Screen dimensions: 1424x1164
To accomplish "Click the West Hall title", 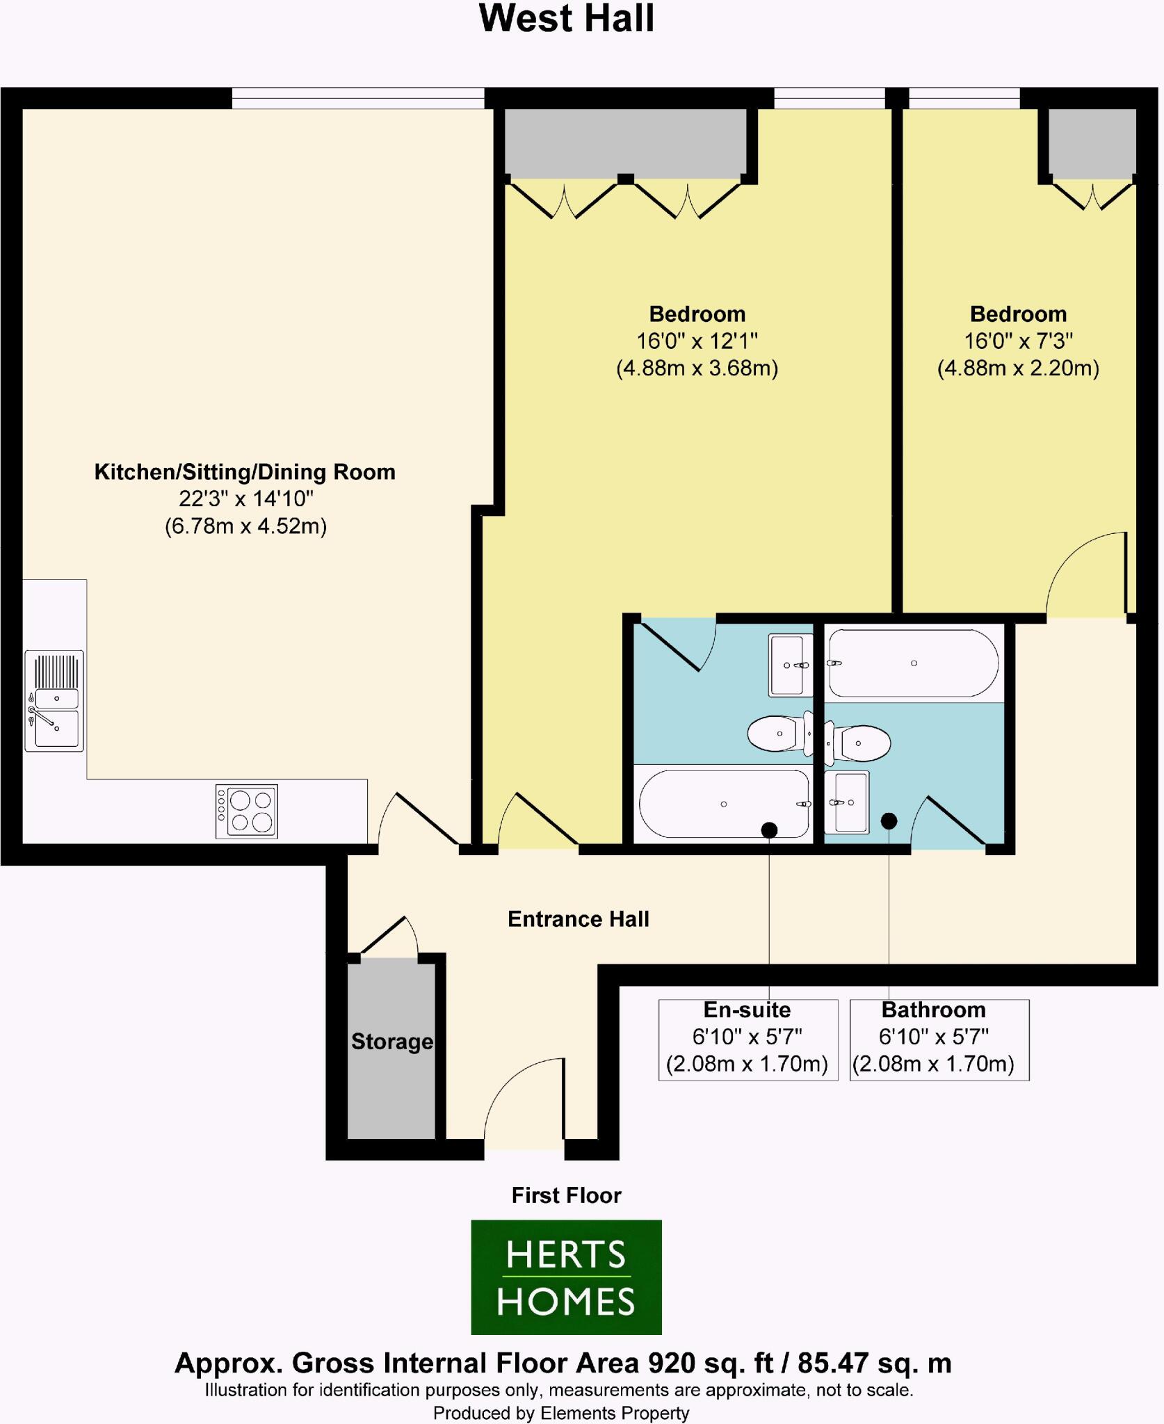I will (567, 19).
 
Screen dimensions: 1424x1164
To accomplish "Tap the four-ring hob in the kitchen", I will (247, 811).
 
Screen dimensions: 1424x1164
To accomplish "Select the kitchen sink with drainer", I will (54, 701).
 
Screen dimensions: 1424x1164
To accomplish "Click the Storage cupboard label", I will (391, 1042).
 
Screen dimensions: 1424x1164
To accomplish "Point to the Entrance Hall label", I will (578, 919).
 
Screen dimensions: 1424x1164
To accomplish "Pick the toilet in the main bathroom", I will (861, 743).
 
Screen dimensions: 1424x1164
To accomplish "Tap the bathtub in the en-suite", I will (724, 804).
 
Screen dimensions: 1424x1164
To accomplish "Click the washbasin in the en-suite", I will (791, 665).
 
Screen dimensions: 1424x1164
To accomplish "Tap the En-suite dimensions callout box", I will (747, 1039).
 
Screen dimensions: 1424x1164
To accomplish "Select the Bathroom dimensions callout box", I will (939, 1039).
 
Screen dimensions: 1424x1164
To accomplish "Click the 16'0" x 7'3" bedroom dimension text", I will (1018, 341).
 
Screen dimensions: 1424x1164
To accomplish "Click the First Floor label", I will (566, 1195).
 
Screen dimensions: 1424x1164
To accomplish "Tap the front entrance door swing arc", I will (522, 1099).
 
